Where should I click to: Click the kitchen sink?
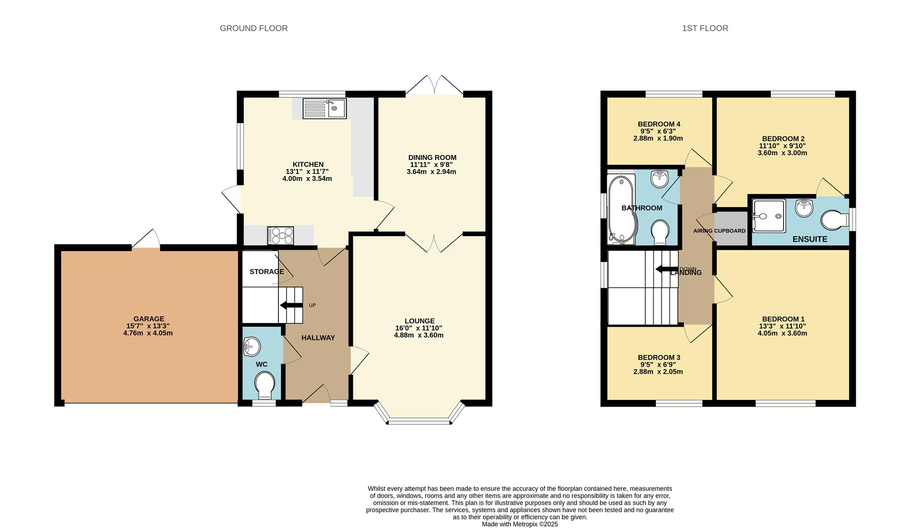(x=324, y=109)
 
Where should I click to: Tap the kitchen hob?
(x=280, y=236)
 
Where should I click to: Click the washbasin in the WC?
(x=252, y=347)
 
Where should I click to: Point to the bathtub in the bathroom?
(x=620, y=209)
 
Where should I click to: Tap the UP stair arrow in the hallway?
(x=291, y=306)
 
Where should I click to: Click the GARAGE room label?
(x=149, y=319)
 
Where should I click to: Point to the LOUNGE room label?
(x=420, y=321)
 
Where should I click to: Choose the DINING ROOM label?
(x=432, y=157)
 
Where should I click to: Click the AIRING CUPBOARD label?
(x=720, y=231)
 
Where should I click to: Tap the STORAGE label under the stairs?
(x=267, y=271)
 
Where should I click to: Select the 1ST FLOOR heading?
(x=705, y=28)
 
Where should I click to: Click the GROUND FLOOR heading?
(x=254, y=28)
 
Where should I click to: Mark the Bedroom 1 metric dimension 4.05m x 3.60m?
(x=782, y=333)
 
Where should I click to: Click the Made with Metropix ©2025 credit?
(x=520, y=524)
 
